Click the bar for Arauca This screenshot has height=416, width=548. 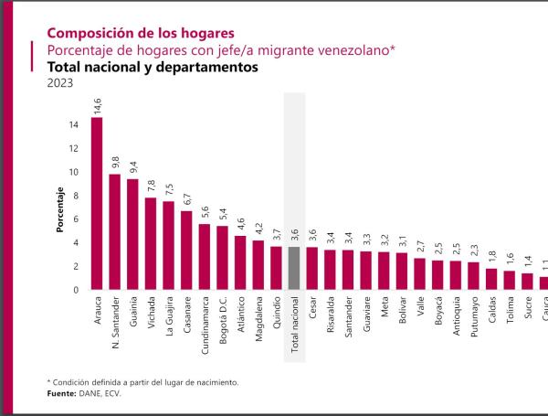click(x=97, y=203)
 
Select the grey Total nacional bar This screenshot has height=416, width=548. click(x=294, y=268)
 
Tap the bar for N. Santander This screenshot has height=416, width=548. click(x=115, y=231)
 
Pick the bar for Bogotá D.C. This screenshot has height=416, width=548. click(x=222, y=257)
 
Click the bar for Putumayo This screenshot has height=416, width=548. click(x=473, y=275)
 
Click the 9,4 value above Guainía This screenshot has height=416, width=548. click(x=133, y=167)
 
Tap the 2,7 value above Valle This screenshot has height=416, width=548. click(x=419, y=247)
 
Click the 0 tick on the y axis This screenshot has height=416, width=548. click(x=75, y=290)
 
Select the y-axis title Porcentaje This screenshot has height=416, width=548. click(x=59, y=209)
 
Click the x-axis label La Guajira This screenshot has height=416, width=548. click(x=169, y=321)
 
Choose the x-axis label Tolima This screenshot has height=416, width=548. click(x=509, y=314)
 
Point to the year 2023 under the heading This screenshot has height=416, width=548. click(x=59, y=84)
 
